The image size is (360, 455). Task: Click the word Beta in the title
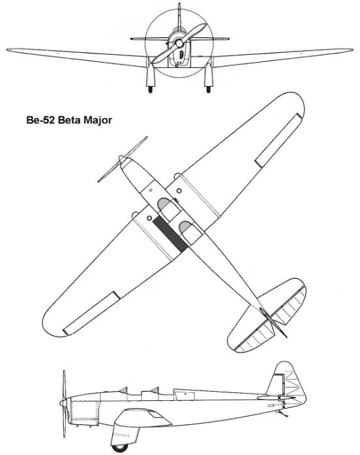70,120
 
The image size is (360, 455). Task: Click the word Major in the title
98,120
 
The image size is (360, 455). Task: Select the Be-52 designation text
41,120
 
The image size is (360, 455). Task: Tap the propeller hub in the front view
179,44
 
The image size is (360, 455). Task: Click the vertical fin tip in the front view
179,5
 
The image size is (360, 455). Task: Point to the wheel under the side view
120,448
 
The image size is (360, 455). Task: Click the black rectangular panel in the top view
170,234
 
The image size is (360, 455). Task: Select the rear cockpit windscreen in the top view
185,227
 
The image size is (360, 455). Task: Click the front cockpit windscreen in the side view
124,390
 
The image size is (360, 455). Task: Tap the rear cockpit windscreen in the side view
155,390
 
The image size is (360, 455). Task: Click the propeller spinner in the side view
63,403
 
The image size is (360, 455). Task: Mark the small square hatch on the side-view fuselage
185,394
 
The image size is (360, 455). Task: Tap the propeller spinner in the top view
123,159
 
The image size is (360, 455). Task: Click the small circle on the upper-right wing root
179,191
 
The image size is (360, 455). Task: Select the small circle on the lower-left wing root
149,218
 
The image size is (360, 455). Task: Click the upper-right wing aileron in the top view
279,141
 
